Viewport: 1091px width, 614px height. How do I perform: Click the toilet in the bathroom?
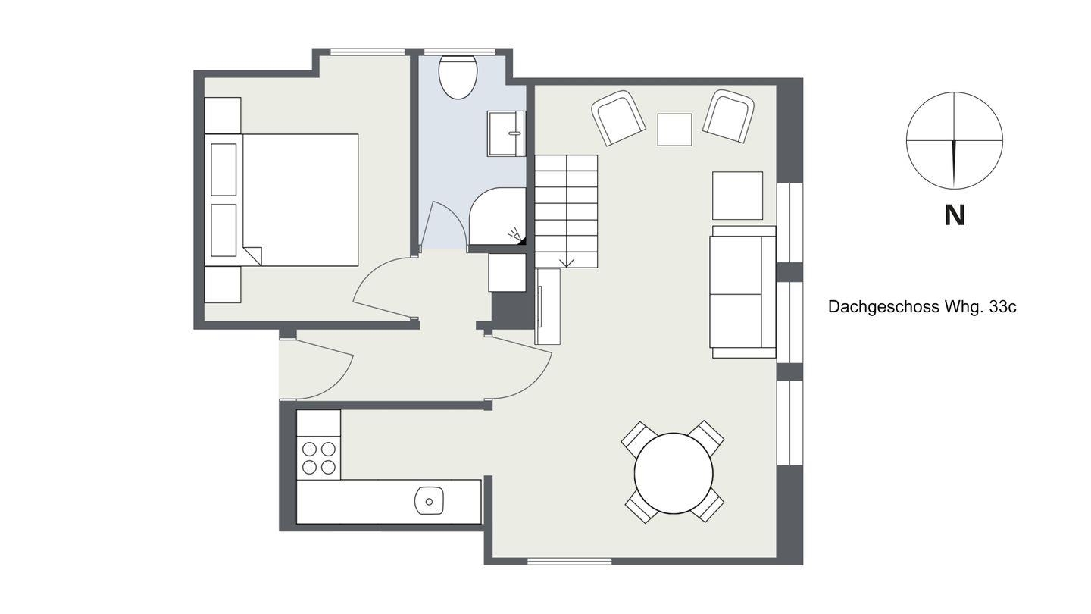point(458,77)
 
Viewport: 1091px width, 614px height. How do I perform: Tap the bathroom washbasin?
point(507,133)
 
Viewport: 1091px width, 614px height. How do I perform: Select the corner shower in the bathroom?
point(497,216)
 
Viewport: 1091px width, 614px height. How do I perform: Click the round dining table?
point(674,473)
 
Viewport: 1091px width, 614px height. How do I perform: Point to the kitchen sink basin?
point(429,501)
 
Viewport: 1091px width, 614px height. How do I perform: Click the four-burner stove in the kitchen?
point(318,458)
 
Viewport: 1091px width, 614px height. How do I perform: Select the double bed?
point(282,200)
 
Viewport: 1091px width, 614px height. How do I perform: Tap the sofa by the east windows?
point(743,292)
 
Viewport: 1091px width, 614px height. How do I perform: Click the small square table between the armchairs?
point(674,130)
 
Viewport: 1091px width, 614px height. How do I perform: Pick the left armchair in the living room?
point(618,117)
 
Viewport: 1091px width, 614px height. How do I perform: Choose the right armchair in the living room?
point(729,116)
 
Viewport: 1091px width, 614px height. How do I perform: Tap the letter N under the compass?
point(955,215)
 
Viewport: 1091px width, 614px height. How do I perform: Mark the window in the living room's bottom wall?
point(570,562)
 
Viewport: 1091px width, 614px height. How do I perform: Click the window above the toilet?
point(460,52)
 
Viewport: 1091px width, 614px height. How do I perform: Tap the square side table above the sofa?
point(737,196)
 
